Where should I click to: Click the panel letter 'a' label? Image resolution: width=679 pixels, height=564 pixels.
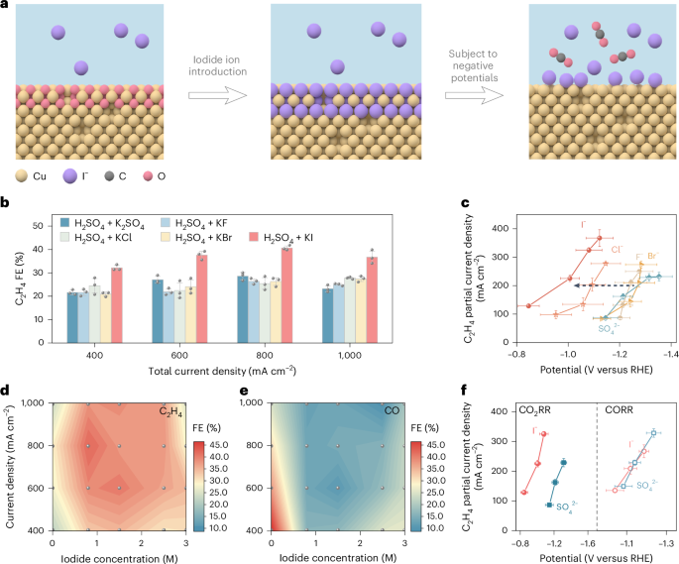(5, 7)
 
